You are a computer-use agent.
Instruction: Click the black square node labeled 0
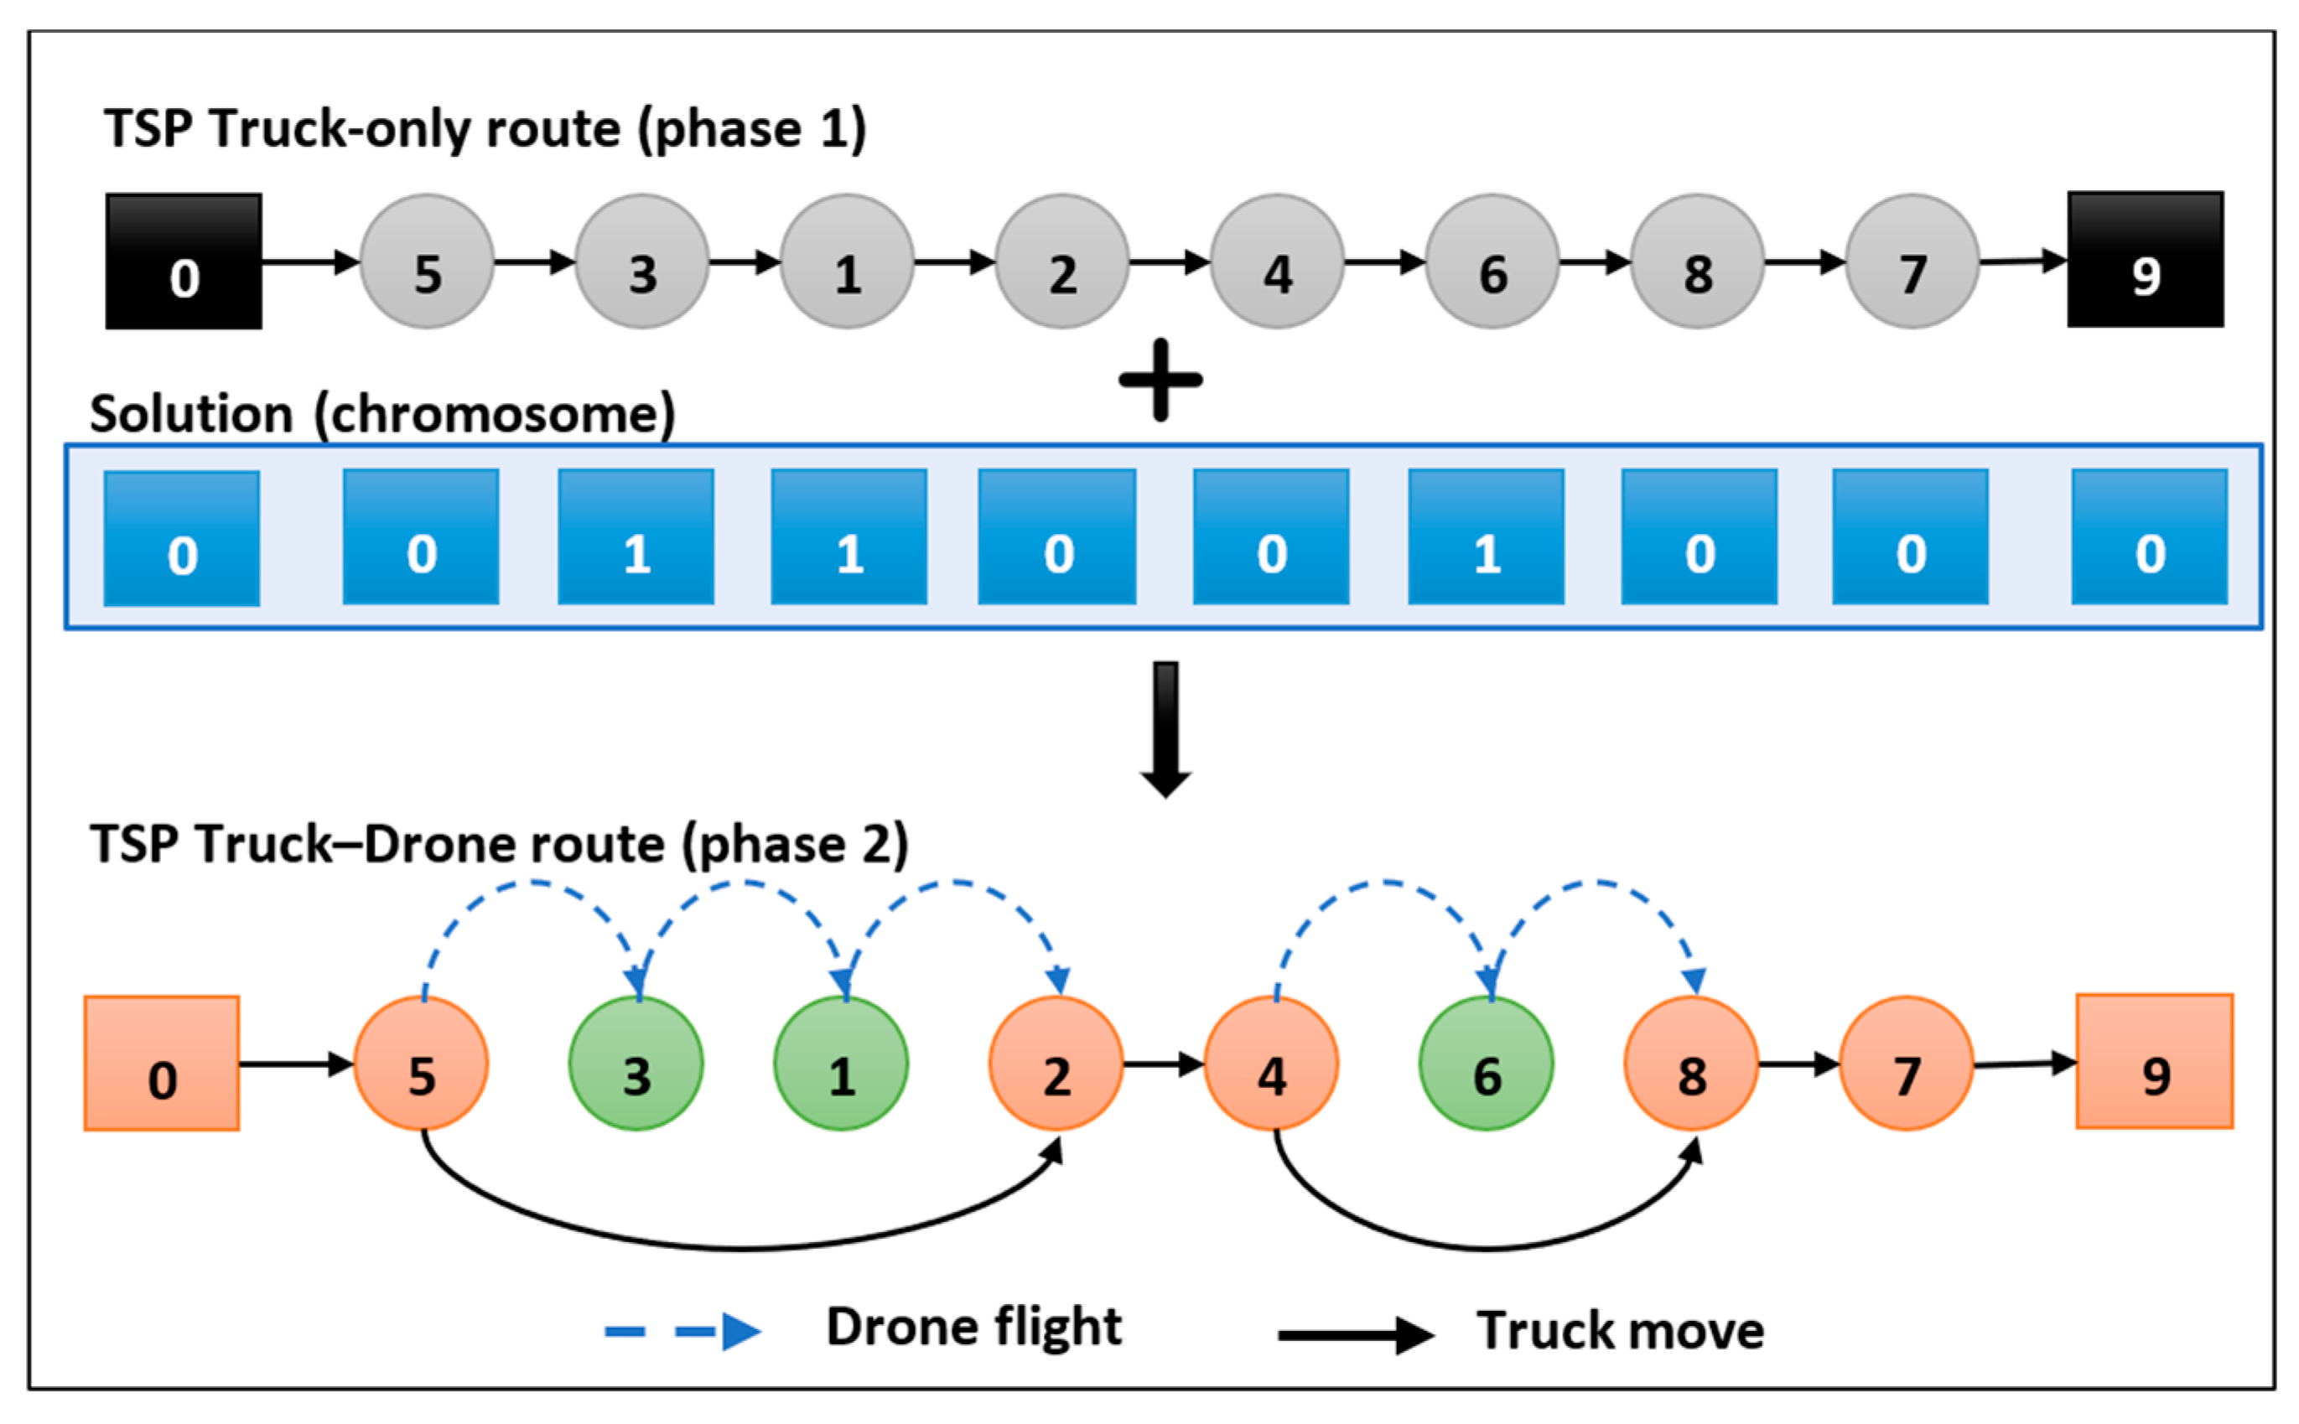pyautogui.click(x=184, y=261)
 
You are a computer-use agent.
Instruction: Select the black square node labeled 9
pyautogui.click(x=2145, y=260)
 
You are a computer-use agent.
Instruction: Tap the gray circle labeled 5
pyautogui.click(x=427, y=261)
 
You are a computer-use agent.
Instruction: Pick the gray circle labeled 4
pyautogui.click(x=1276, y=261)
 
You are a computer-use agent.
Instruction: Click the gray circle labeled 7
pyautogui.click(x=1912, y=261)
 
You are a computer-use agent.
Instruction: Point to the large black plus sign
pyautogui.click(x=1160, y=380)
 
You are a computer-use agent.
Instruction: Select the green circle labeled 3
pyautogui.click(x=636, y=1064)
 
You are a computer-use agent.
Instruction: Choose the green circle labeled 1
pyautogui.click(x=840, y=1064)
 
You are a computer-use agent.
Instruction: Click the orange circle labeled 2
pyautogui.click(x=1056, y=1064)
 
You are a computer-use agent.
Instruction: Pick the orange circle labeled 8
pyautogui.click(x=1690, y=1064)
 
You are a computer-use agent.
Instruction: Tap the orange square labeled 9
pyautogui.click(x=2154, y=1061)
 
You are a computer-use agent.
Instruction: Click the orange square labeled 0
pyautogui.click(x=162, y=1064)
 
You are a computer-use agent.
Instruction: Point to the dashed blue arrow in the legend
pyautogui.click(x=682, y=1331)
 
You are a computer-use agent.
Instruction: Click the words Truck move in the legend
pyautogui.click(x=1619, y=1331)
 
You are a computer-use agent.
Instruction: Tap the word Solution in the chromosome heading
pyautogui.click(x=191, y=414)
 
